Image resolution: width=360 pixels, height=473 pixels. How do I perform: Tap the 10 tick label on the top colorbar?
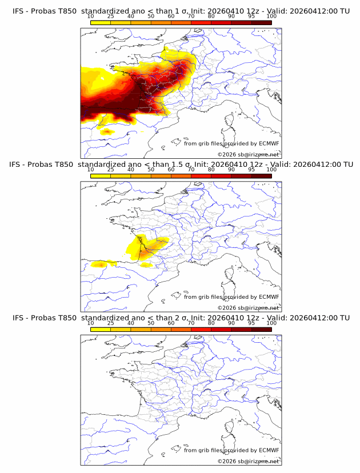pos(90,16)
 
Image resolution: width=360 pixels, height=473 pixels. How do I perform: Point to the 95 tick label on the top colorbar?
pos(251,16)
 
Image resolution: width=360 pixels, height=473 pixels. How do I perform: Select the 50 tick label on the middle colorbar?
pos(151,170)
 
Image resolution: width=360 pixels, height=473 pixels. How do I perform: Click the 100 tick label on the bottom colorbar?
pos(271,323)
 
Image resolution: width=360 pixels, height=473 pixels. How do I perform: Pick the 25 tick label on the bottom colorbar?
pos(110,323)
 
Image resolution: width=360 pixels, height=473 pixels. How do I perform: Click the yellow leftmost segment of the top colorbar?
pos(101,22)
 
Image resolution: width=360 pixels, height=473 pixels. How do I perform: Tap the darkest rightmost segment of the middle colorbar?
pos(261,176)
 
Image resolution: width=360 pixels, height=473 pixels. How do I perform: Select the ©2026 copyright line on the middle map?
pos(249,308)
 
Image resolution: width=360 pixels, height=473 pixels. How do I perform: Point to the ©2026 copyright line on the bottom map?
pos(249,462)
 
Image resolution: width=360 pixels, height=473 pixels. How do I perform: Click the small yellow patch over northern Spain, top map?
pos(107,132)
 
